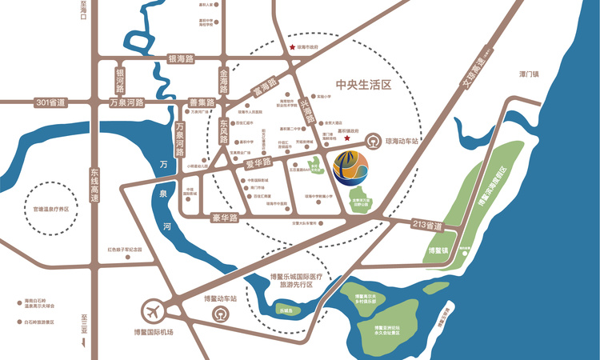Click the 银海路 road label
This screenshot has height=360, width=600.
coord(185,59)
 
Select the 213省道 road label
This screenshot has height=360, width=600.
coord(426,226)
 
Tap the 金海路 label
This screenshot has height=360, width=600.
coord(223,78)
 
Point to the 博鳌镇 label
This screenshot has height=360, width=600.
coord(438,252)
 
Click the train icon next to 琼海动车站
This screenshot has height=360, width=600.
coord(374,142)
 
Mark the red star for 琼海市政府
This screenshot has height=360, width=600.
coord(292,48)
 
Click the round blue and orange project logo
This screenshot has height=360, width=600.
coord(352,166)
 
